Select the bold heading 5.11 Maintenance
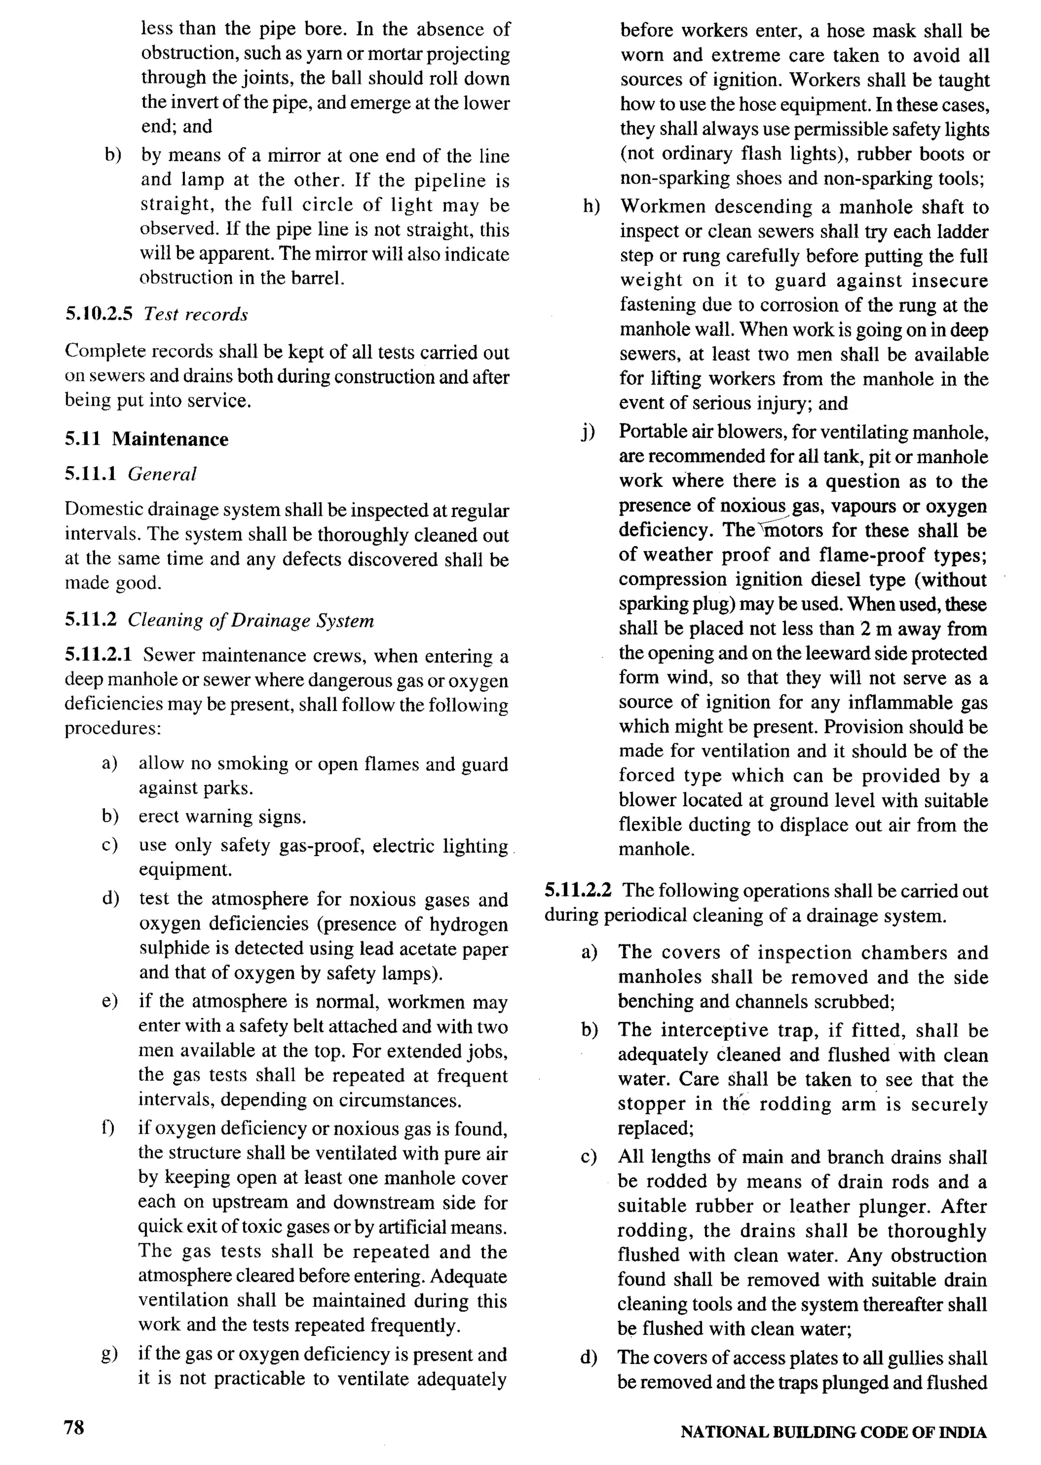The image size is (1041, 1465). tap(146, 439)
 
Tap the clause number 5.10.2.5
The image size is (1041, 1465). tap(98, 315)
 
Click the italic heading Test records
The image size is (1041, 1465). tap(196, 315)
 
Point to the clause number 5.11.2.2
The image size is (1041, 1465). tap(577, 891)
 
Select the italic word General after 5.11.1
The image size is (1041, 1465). tap(162, 474)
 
